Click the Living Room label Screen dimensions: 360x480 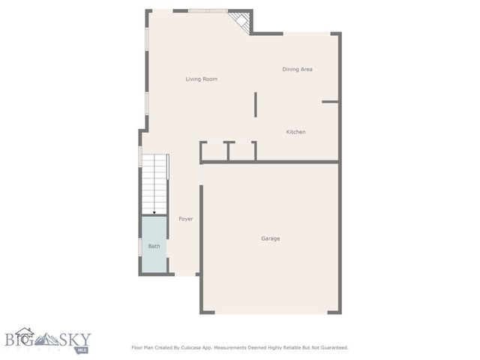(x=202, y=79)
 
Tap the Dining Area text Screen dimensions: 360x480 (x=297, y=69)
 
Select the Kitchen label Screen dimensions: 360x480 (x=295, y=132)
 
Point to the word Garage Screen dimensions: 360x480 (x=270, y=238)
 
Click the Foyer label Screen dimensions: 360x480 (x=185, y=219)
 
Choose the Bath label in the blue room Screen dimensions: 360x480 (x=154, y=246)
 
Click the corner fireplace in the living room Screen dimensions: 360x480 (x=241, y=22)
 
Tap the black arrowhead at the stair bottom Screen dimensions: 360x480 (x=154, y=213)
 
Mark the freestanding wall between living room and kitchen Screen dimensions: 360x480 (x=255, y=104)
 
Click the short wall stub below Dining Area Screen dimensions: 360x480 (x=330, y=101)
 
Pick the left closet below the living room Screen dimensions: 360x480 (x=214, y=151)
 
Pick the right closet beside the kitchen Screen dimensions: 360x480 (x=242, y=151)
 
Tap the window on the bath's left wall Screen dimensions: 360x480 (x=140, y=246)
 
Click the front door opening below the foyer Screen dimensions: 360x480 (x=185, y=274)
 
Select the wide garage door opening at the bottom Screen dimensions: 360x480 (x=270, y=313)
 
